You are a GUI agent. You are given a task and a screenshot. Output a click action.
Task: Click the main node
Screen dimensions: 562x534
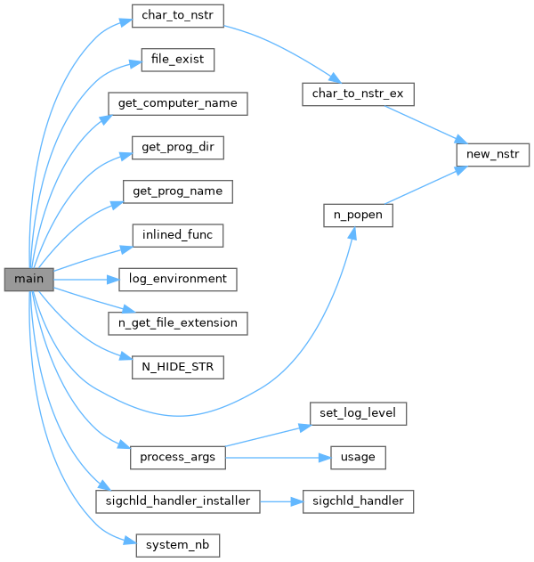click(29, 279)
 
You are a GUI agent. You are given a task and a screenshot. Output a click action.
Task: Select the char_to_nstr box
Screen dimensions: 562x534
click(177, 16)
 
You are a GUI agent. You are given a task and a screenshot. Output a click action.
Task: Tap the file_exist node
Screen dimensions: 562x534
click(177, 60)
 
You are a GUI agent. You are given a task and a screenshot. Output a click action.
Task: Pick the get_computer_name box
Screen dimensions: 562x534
click(177, 103)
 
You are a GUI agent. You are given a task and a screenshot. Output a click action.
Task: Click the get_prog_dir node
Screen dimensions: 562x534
click(177, 147)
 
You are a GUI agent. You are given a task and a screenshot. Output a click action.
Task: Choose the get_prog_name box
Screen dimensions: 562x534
click(177, 191)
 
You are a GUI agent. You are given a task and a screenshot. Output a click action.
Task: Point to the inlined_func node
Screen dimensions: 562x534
click(177, 235)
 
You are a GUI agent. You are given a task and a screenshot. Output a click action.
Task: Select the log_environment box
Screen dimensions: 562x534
click(177, 279)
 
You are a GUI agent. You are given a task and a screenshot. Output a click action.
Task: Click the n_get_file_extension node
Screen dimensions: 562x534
click(177, 322)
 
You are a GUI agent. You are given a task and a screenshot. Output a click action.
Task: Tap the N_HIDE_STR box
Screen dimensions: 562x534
click(177, 366)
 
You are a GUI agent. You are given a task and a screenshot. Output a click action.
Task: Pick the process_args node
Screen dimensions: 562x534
click(177, 458)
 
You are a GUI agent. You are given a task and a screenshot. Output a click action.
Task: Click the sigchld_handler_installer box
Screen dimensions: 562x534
click(177, 501)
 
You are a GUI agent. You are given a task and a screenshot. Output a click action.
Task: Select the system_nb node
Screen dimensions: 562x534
click(177, 545)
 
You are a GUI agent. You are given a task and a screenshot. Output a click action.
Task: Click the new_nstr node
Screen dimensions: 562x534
click(486, 153)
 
